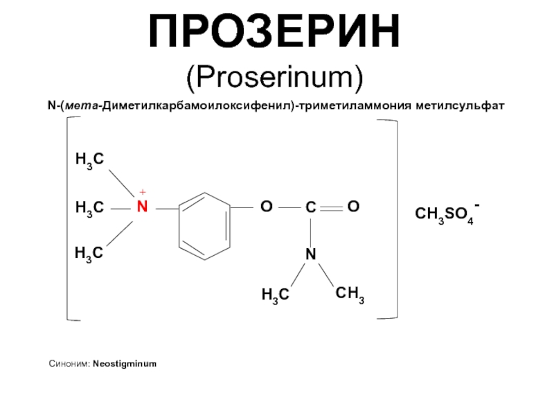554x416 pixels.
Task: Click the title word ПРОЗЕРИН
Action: click(x=274, y=31)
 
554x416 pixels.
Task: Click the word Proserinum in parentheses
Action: click(x=274, y=77)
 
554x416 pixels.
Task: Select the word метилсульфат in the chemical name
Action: click(x=460, y=105)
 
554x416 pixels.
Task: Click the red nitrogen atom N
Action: click(x=142, y=207)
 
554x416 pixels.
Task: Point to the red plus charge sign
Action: click(x=143, y=192)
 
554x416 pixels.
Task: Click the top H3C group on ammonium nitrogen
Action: click(x=90, y=160)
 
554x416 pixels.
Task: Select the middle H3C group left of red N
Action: click(x=90, y=208)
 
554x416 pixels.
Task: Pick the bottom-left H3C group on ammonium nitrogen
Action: click(x=89, y=254)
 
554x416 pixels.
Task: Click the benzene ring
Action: click(x=179, y=227)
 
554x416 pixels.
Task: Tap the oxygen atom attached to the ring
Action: click(x=267, y=206)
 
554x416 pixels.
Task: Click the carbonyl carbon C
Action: click(x=310, y=207)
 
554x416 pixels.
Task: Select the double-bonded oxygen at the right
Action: click(x=353, y=206)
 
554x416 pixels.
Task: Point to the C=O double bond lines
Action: click(x=332, y=209)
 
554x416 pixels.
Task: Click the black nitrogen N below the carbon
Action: click(x=310, y=254)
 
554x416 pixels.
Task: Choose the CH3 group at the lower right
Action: click(x=350, y=294)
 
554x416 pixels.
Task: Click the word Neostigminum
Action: click(x=125, y=365)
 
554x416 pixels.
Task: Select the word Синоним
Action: click(x=70, y=363)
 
